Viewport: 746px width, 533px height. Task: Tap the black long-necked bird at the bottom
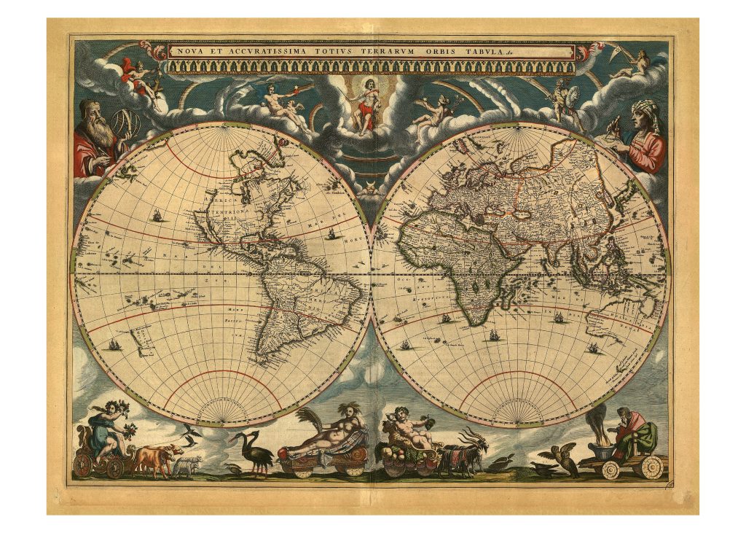pos(251,453)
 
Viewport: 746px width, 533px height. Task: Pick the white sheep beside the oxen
pos(187,464)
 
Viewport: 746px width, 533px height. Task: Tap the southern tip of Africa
pos(475,323)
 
